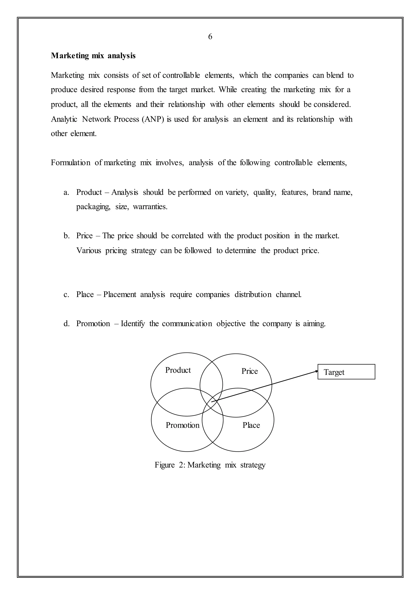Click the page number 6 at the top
[210, 37]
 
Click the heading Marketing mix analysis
[93, 56]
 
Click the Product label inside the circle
[178, 370]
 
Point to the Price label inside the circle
[250, 371]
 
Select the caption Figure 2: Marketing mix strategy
[210, 465]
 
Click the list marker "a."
[66, 192]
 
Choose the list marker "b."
[66, 236]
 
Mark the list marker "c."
[66, 295]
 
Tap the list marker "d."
[66, 324]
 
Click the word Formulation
[71, 163]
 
